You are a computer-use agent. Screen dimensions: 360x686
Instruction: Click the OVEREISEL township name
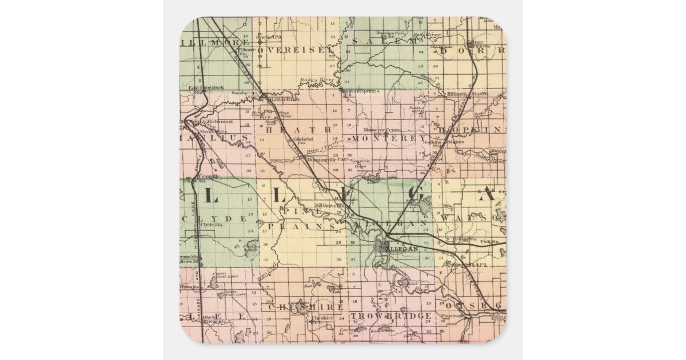[295, 50]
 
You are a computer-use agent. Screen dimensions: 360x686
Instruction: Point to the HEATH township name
[297, 130]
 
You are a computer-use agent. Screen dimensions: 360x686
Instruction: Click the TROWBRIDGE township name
[391, 316]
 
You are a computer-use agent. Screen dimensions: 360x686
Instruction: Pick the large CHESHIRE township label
[306, 307]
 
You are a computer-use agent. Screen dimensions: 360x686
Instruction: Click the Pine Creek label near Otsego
[452, 316]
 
